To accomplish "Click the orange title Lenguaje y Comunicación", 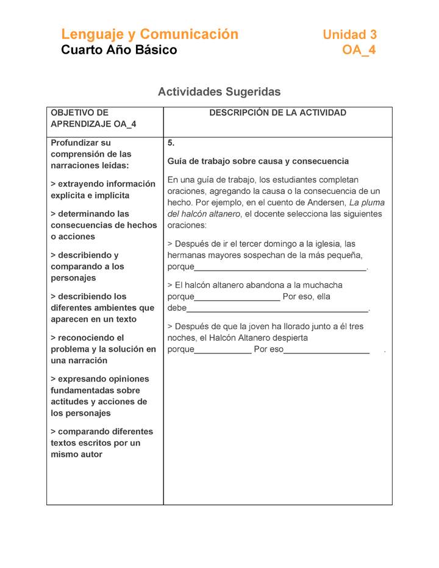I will [149, 34].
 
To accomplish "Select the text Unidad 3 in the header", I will [349, 35].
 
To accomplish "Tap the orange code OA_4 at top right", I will [359, 50].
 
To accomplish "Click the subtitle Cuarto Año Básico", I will [119, 50].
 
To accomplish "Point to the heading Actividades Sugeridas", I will [219, 92].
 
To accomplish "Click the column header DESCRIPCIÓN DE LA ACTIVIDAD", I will [277, 113].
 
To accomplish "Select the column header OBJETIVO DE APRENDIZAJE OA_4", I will [93, 118].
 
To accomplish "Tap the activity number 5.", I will [171, 143].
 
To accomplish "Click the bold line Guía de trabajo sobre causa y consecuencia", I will [258, 162].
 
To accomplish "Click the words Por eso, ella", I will [307, 297].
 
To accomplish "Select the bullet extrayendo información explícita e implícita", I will [102, 190].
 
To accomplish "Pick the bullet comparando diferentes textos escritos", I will [102, 442].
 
